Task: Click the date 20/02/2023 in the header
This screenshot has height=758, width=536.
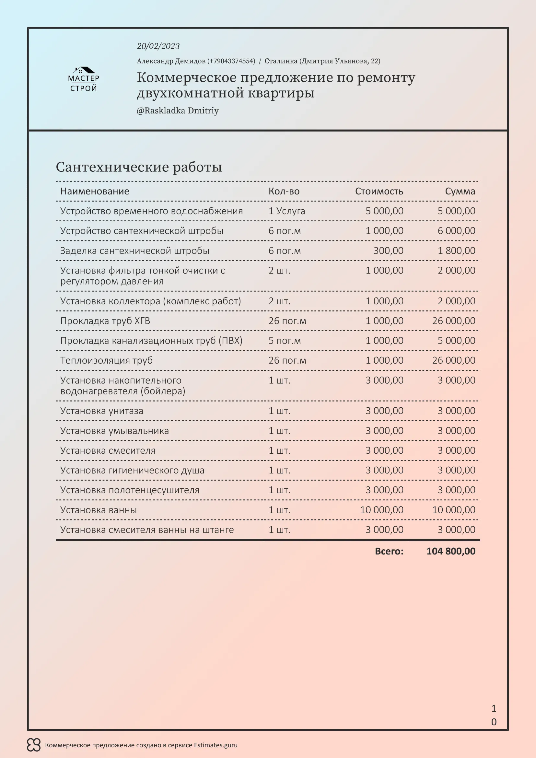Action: tap(158, 46)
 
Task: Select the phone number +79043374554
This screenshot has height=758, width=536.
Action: tap(231, 61)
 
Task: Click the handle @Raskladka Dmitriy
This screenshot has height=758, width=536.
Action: tap(178, 111)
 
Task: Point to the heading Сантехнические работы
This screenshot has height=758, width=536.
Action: tap(139, 167)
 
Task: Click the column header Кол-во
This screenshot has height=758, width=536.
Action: tap(284, 191)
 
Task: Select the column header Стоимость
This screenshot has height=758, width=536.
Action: tap(379, 191)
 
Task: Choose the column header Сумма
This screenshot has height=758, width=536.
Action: tap(460, 191)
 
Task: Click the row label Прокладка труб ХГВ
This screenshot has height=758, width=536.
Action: tap(105, 321)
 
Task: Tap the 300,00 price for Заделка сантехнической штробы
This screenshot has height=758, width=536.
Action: tap(388, 251)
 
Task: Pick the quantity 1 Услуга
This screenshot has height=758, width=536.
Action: tap(286, 211)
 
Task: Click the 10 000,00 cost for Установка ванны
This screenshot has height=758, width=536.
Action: tap(381, 510)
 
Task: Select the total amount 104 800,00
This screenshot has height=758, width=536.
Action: tap(450, 551)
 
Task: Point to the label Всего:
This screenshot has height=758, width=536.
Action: tap(389, 551)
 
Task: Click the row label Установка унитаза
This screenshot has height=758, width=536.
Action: tap(102, 411)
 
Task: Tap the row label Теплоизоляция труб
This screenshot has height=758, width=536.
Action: tap(106, 360)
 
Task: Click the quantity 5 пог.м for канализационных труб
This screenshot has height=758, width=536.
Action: tap(285, 340)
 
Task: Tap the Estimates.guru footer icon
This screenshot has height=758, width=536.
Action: tap(34, 745)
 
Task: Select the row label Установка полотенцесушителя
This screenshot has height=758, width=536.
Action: tap(130, 490)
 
